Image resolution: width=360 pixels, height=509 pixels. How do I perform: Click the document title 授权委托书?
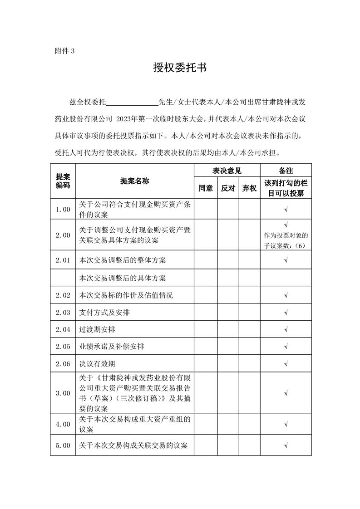tap(180, 68)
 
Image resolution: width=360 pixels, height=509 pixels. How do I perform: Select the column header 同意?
tap(206, 188)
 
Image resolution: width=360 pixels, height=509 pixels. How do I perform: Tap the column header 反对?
tap(228, 188)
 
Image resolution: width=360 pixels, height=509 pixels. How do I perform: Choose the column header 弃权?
tap(249, 188)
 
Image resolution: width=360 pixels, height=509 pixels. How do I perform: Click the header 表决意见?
tap(227, 171)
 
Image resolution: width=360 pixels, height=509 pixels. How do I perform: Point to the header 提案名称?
tap(135, 181)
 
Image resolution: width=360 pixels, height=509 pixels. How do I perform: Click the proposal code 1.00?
tap(63, 209)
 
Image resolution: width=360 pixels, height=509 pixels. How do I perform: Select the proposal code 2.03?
tap(63, 313)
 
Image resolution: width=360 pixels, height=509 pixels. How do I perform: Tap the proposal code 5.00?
tap(63, 445)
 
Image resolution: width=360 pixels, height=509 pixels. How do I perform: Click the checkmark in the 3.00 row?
tap(286, 393)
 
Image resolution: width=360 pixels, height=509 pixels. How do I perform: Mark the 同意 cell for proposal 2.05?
tap(206, 347)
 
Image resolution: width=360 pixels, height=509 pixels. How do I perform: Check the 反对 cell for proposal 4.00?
tap(228, 424)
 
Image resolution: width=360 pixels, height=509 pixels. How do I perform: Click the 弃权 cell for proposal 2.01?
tap(249, 260)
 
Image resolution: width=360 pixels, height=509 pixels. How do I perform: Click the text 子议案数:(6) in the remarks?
tap(286, 244)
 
